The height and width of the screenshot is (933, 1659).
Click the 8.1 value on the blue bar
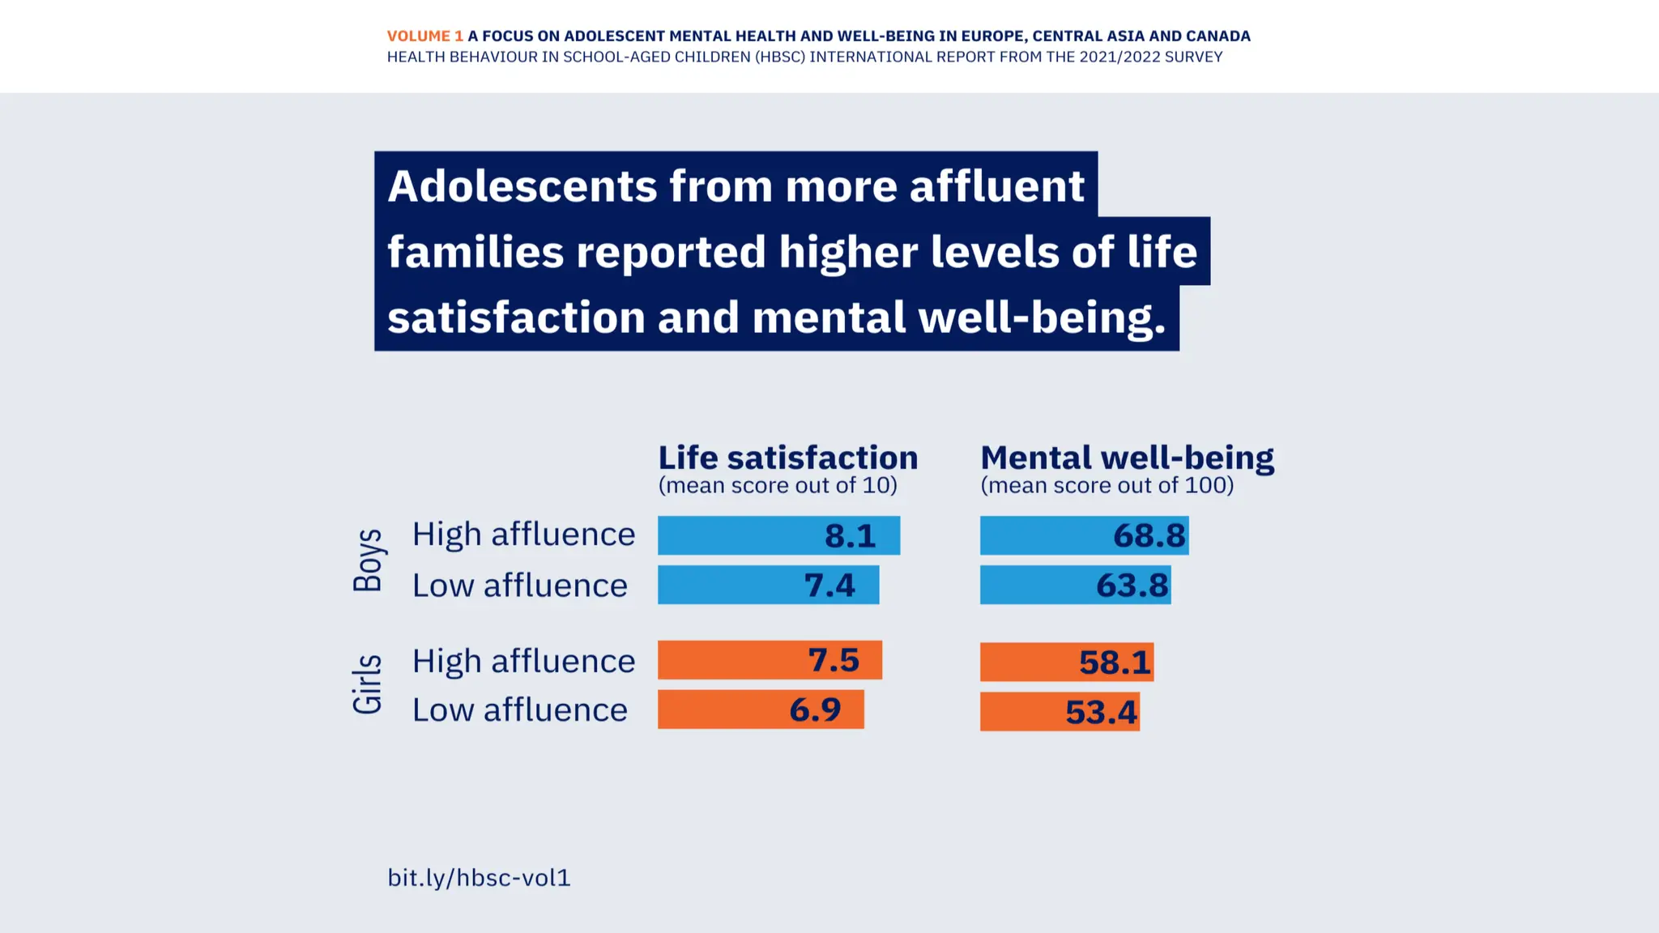tap(850, 535)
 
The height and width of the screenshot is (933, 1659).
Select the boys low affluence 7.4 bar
tap(768, 585)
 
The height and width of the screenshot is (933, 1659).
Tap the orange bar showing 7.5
tap(770, 660)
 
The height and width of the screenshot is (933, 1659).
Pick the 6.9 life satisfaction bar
tap(761, 709)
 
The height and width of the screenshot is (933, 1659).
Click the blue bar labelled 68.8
tap(1084, 535)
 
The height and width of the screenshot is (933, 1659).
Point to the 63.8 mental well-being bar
tap(1075, 585)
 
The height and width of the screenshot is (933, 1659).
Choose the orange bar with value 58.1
tap(1066, 662)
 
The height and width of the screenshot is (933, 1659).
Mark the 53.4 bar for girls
tap(1060, 712)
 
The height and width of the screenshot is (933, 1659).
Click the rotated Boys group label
tap(369, 560)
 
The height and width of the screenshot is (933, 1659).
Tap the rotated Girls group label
tap(369, 684)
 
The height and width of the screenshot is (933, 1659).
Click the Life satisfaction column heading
tap(787, 458)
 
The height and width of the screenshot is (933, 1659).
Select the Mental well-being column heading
tap(1127, 458)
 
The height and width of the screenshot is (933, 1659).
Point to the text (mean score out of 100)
tap(1107, 486)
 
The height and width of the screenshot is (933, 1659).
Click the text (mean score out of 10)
tap(778, 486)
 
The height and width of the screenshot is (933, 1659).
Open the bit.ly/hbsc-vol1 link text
tap(479, 878)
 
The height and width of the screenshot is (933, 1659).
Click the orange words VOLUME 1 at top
tap(424, 36)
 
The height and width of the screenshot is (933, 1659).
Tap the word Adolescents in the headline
tap(522, 186)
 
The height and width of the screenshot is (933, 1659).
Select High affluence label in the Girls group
tap(523, 661)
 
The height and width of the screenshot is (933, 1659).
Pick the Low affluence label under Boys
tap(519, 586)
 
